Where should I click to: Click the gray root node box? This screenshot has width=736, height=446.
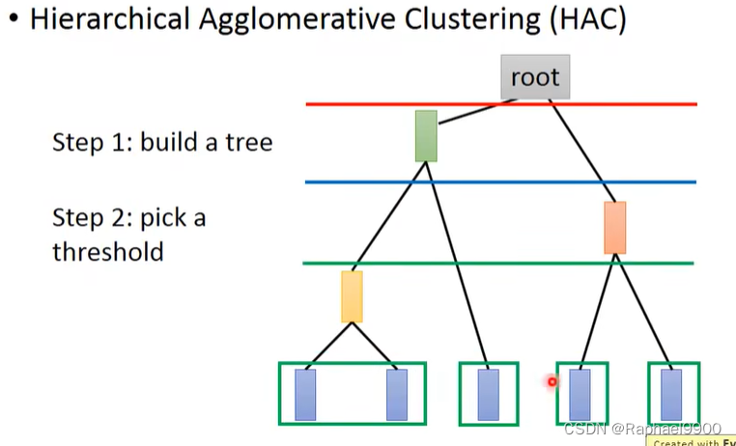(535, 77)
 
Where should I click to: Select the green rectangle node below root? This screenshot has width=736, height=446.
(426, 135)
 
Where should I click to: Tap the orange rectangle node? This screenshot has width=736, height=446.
(614, 227)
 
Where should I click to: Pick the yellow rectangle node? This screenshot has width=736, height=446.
(352, 295)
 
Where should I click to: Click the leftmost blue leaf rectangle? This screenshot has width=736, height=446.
(305, 394)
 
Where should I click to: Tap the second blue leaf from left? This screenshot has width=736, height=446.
(397, 394)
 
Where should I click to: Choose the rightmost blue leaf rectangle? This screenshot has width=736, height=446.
(671, 394)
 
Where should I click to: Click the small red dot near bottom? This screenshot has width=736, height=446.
(552, 381)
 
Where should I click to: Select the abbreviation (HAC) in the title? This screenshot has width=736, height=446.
(587, 20)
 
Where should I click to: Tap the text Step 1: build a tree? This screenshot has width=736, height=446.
(161, 143)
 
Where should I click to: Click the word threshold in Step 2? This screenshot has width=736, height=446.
(107, 252)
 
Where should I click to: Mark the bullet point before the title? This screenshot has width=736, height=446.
(13, 21)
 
